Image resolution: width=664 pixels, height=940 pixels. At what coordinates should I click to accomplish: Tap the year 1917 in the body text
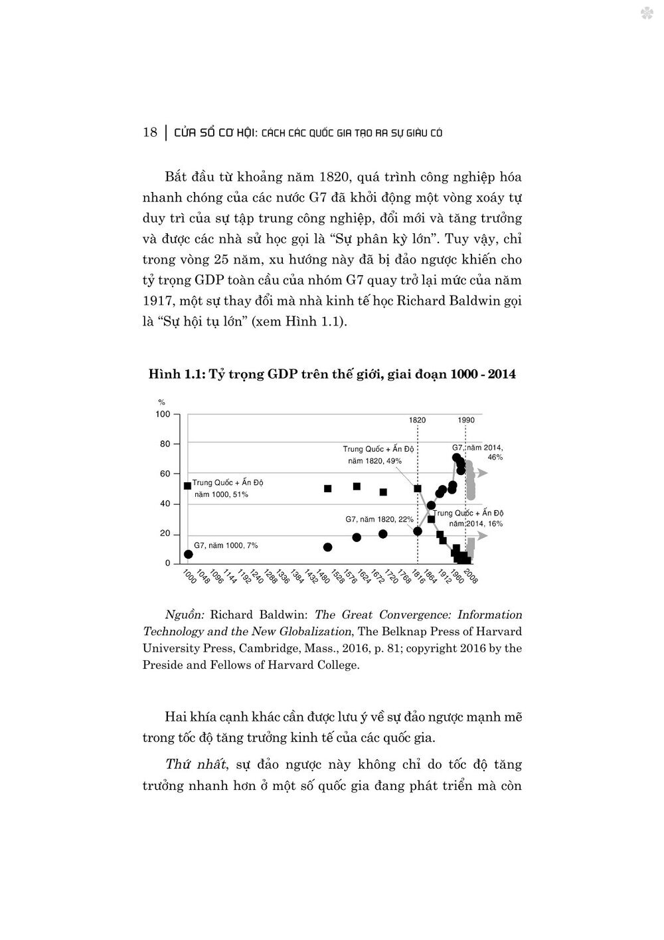pyautogui.click(x=157, y=302)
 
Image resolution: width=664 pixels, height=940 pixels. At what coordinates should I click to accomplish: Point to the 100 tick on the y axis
pyautogui.click(x=163, y=414)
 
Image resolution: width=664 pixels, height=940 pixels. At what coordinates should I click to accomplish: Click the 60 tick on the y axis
pyautogui.click(x=165, y=474)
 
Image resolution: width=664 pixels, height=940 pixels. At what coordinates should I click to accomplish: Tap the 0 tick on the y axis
pyautogui.click(x=167, y=563)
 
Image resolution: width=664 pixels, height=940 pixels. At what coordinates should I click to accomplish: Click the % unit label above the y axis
pyautogui.click(x=161, y=402)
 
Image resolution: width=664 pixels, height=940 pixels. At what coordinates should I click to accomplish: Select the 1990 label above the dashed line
pyautogui.click(x=465, y=420)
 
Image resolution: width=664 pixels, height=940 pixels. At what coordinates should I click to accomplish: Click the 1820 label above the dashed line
pyautogui.click(x=417, y=420)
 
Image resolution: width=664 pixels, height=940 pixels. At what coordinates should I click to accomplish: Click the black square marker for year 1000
pyautogui.click(x=188, y=486)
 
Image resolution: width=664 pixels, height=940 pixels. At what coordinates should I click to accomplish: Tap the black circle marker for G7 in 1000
pyautogui.click(x=189, y=554)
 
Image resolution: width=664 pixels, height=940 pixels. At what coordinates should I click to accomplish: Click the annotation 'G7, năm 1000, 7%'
pyautogui.click(x=226, y=545)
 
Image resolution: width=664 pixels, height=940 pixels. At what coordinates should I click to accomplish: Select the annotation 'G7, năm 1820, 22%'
pyautogui.click(x=379, y=519)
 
